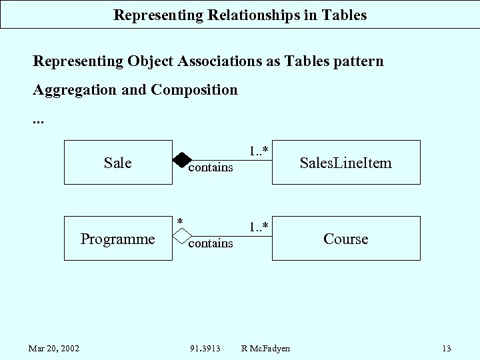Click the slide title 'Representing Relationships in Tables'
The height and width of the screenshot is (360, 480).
point(240,15)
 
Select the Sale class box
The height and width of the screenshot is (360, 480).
point(118,162)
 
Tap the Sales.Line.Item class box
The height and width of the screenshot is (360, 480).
point(345,162)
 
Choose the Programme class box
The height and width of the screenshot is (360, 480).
point(118,239)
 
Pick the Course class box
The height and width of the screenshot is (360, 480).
point(345,239)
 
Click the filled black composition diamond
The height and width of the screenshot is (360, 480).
point(181,160)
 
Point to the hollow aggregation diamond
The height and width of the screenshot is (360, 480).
point(181,236)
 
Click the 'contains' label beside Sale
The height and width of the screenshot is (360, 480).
point(211,167)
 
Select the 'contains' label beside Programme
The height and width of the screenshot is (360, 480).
point(211,243)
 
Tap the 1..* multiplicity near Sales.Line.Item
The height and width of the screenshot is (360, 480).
point(259,151)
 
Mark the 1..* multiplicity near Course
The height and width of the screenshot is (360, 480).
point(259,227)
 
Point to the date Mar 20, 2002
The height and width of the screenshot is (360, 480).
point(54,348)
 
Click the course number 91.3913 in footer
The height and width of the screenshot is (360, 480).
point(206,348)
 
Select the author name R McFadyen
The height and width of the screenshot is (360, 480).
point(265,348)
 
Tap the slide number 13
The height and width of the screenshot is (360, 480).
point(446,348)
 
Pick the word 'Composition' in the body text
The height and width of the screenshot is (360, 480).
point(194,89)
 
